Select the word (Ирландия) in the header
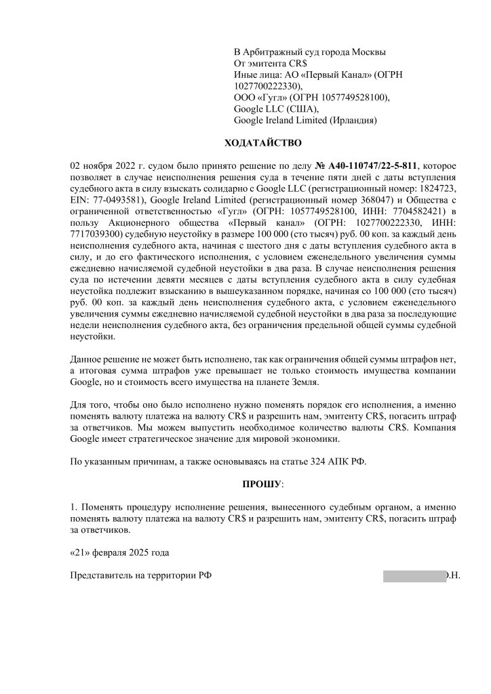[353, 120]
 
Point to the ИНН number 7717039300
[95, 233]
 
